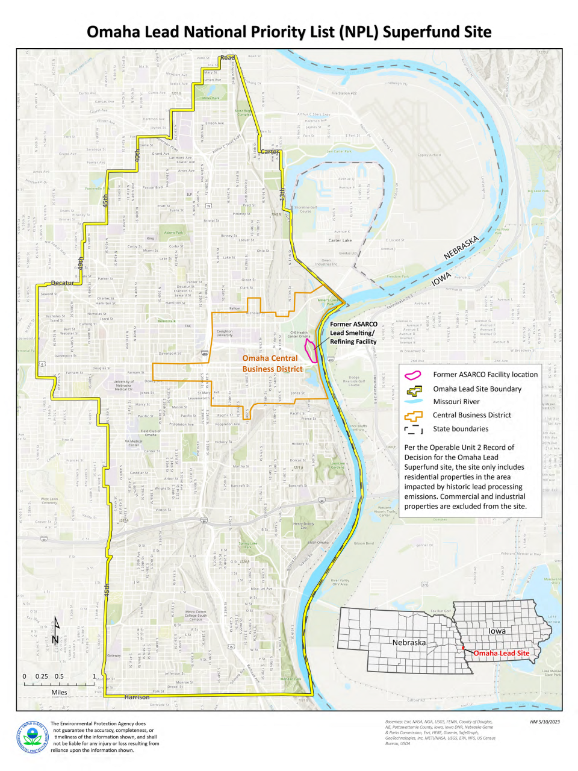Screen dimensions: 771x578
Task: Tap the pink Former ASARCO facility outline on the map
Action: (x=311, y=349)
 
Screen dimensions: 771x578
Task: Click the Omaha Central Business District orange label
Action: (x=272, y=363)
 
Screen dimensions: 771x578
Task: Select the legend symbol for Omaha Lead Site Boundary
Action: (x=413, y=389)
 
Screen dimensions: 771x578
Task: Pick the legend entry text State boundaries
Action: (x=461, y=429)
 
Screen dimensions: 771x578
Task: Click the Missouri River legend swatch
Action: (x=413, y=402)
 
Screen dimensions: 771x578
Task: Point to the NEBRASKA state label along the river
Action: (x=461, y=248)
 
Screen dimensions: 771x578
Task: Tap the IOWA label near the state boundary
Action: (x=441, y=279)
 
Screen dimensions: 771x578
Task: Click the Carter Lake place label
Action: (x=340, y=240)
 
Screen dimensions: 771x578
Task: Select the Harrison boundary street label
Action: (x=137, y=697)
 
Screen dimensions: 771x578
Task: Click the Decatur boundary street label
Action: (x=63, y=282)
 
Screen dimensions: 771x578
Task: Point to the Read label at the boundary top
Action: (x=227, y=58)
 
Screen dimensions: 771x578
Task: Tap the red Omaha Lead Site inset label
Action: (x=501, y=653)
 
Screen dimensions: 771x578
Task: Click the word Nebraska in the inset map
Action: (x=409, y=643)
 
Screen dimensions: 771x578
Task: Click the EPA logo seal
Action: (x=33, y=737)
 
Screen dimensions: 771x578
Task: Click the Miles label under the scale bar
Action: (x=59, y=692)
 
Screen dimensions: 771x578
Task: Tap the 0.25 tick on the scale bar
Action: (x=42, y=676)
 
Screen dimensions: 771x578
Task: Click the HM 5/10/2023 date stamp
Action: (x=545, y=722)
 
